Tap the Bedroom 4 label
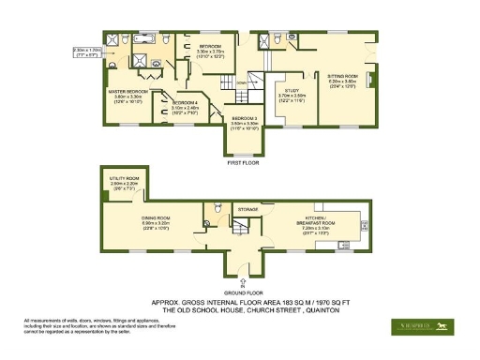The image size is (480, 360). click(x=185, y=105)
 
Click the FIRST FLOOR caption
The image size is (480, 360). click(x=243, y=162)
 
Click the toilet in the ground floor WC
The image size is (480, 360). click(x=217, y=207)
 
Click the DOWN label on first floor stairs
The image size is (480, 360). click(x=241, y=82)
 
